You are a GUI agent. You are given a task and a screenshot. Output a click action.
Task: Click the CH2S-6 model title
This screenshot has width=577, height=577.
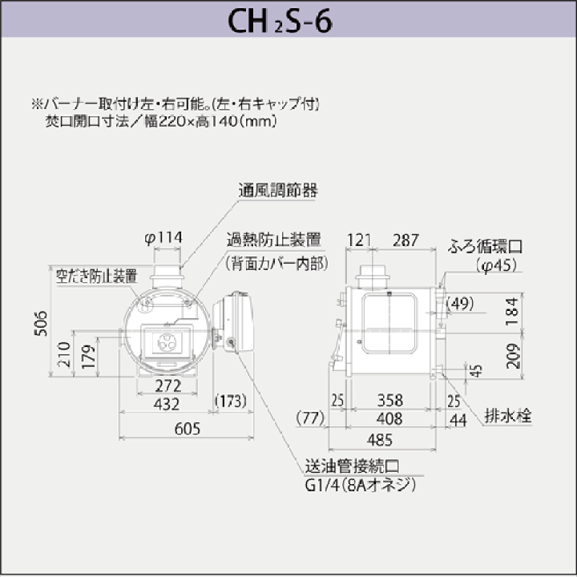pyautogui.click(x=280, y=21)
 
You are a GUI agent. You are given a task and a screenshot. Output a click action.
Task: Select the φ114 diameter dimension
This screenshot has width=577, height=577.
pyautogui.click(x=163, y=238)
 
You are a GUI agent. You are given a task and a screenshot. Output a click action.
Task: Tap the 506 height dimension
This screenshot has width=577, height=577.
pyautogui.click(x=41, y=323)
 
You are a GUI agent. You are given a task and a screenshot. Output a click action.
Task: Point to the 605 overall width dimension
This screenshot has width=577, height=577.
pyautogui.click(x=188, y=428)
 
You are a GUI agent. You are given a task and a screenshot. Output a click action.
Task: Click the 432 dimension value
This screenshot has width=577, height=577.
pyautogui.click(x=167, y=404)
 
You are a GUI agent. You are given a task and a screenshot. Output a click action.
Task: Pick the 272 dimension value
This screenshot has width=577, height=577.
pyautogui.click(x=168, y=385)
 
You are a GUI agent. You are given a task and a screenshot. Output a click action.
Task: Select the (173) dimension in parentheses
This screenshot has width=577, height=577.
pyautogui.click(x=231, y=401)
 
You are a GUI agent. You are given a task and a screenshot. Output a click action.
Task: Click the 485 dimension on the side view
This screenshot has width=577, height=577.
pyautogui.click(x=380, y=440)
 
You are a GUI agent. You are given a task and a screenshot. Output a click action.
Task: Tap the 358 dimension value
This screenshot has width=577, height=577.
pyautogui.click(x=390, y=401)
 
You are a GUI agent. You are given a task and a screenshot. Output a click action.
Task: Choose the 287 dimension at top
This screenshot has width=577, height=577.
pyautogui.click(x=406, y=240)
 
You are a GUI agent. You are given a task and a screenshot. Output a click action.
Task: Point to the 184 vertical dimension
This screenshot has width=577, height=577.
pyautogui.click(x=512, y=311)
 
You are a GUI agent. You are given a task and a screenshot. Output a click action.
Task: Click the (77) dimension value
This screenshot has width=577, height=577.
pyautogui.click(x=310, y=418)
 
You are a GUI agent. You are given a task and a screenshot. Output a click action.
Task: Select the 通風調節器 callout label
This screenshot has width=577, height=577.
pyautogui.click(x=278, y=190)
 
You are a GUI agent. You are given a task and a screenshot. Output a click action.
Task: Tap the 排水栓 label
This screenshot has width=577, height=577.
pyautogui.click(x=508, y=416)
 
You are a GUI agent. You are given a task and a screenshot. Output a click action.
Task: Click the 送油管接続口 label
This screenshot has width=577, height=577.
pyautogui.click(x=352, y=466)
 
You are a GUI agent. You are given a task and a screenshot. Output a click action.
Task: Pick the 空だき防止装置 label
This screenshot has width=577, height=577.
pyautogui.click(x=97, y=276)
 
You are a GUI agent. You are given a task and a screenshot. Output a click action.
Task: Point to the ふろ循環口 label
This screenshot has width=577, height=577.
pyautogui.click(x=486, y=246)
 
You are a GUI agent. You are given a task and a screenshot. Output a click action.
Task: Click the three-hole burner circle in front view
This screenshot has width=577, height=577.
pyautogui.click(x=167, y=343)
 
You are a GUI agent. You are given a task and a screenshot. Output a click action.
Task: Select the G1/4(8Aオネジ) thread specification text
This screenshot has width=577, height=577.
pyautogui.click(x=361, y=485)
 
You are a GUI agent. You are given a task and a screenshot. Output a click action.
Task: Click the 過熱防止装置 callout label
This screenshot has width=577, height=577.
pyautogui.click(x=274, y=240)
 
